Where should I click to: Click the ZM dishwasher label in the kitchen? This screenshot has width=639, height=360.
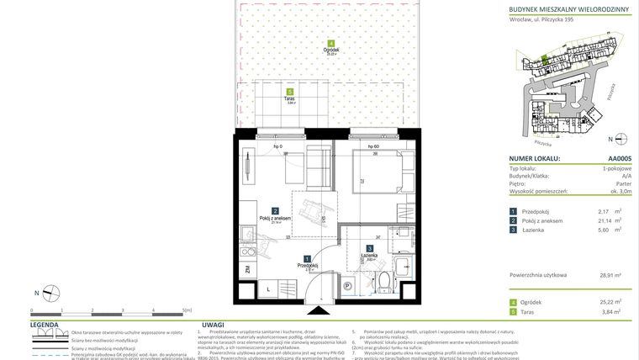tap(246, 269)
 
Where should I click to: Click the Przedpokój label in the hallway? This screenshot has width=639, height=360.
tap(307, 265)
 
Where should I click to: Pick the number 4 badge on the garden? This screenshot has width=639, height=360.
tap(331, 44)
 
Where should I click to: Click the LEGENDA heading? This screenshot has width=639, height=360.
tap(44, 324)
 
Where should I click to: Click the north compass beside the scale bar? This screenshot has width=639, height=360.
tap(50, 292)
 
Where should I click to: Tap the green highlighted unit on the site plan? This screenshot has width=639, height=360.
tap(544, 59)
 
